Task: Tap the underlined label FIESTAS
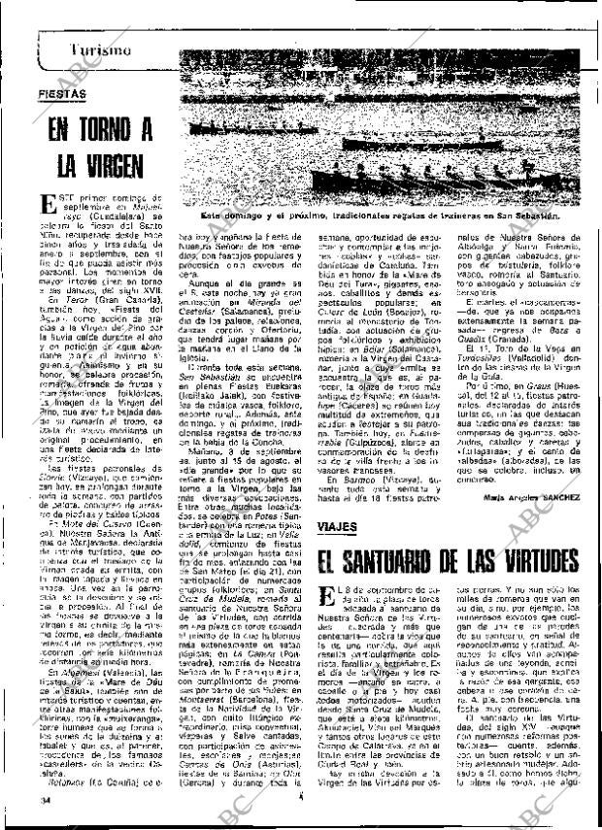point(62,93)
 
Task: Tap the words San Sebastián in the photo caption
point(545,234)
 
